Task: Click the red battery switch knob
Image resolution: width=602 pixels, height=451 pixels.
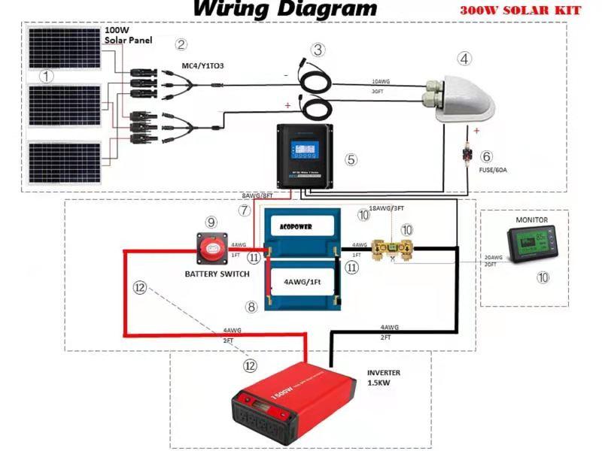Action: click(216, 246)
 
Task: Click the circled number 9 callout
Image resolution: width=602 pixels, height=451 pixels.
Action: click(211, 222)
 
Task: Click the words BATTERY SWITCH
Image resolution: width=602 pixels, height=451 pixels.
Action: click(217, 274)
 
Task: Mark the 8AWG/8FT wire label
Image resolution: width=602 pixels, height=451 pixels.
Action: click(257, 195)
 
